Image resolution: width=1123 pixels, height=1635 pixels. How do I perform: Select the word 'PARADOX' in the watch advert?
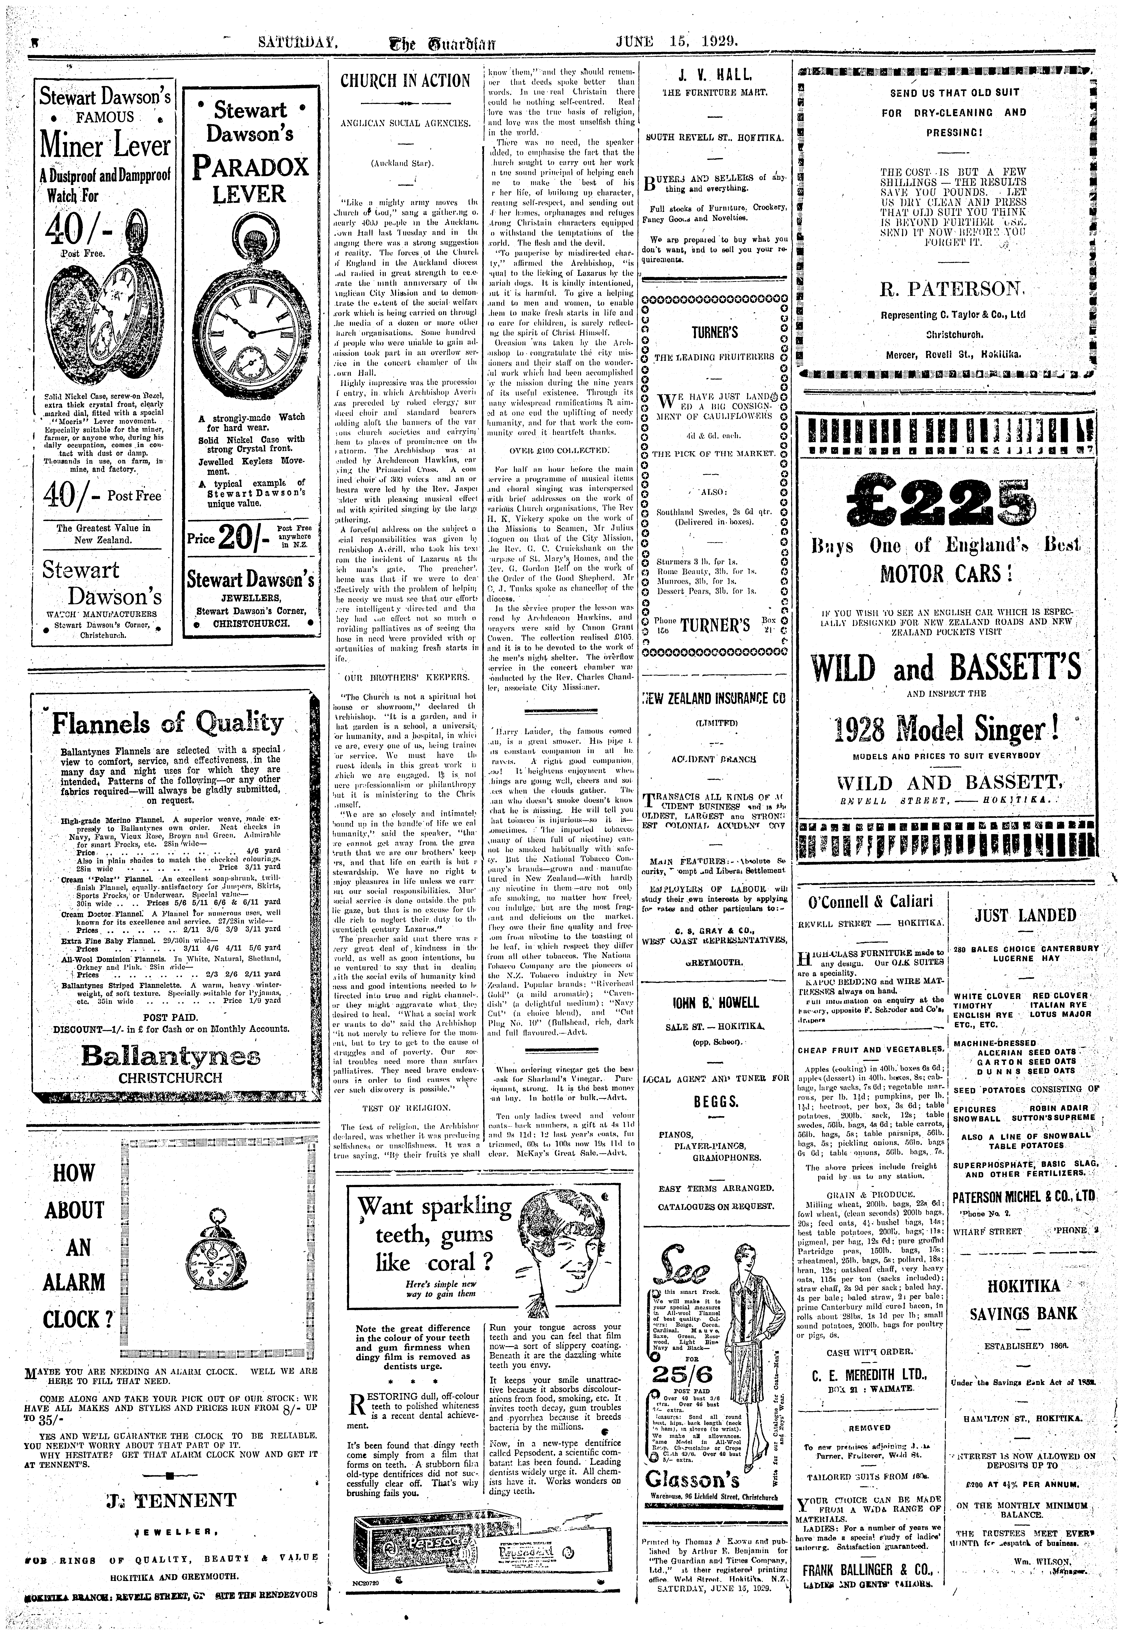(x=250, y=167)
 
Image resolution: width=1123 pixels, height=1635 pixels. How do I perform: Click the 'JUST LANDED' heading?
(x=1025, y=915)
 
